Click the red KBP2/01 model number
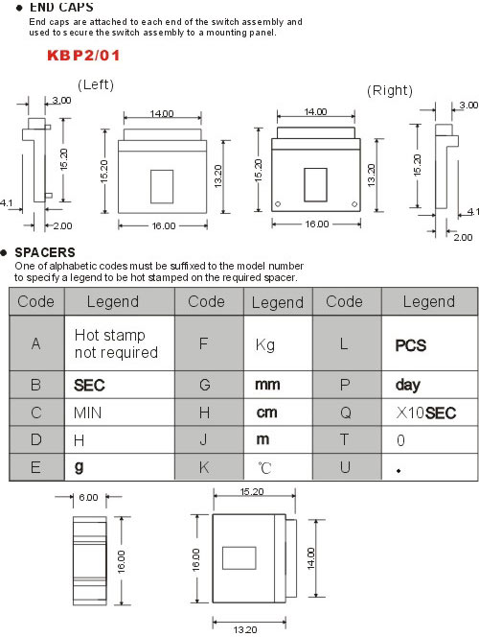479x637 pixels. click(83, 56)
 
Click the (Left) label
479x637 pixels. click(96, 84)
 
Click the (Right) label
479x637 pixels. click(390, 90)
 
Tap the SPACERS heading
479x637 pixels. click(45, 252)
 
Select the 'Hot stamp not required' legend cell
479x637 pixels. click(120, 343)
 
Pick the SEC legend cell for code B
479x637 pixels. click(120, 385)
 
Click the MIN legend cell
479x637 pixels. click(120, 413)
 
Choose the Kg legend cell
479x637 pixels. click(278, 343)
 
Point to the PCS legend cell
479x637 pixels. click(429, 343)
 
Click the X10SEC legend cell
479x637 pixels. click(429, 413)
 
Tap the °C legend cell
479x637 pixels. click(278, 467)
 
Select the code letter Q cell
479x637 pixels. click(347, 413)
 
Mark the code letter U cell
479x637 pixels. click(347, 467)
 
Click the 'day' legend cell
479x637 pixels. click(429, 385)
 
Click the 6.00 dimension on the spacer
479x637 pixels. click(88, 497)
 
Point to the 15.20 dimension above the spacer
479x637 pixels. click(252, 491)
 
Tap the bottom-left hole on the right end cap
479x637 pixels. click(278, 204)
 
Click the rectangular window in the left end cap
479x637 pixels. click(162, 186)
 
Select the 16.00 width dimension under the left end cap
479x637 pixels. click(164, 225)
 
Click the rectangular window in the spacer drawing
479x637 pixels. click(239, 557)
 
